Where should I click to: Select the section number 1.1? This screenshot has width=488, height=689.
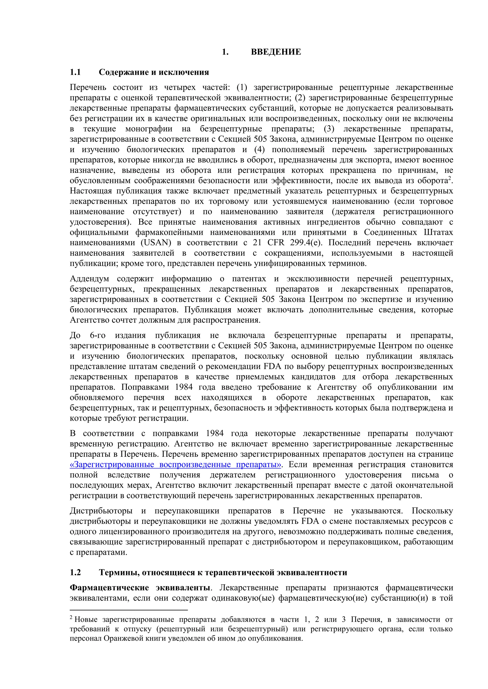pos(75,72)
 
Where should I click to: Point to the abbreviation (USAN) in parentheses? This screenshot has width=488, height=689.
pos(156,242)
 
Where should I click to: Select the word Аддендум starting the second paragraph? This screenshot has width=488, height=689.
pos(89,279)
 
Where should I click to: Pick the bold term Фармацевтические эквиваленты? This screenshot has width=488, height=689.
pos(140,588)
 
